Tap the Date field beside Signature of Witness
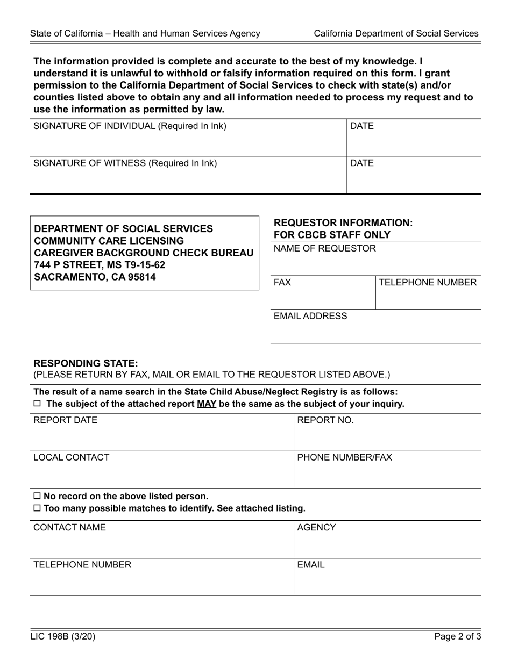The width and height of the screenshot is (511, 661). [x=413, y=175]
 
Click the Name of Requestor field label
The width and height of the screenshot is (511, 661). [x=325, y=248]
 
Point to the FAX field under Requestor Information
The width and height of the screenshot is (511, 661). [x=323, y=293]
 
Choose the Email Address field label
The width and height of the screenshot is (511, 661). [x=310, y=316]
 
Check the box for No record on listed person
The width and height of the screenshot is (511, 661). [x=37, y=496]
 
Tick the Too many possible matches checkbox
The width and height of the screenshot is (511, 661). [x=37, y=508]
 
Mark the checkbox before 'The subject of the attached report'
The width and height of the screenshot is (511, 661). [x=37, y=404]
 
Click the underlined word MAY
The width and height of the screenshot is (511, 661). [x=207, y=404]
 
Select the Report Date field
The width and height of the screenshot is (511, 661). [x=161, y=433]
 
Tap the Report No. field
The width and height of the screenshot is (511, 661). [x=387, y=433]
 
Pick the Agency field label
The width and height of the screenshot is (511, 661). [x=316, y=528]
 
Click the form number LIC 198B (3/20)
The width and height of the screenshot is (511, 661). [x=62, y=637]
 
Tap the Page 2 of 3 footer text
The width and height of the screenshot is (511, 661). [x=458, y=637]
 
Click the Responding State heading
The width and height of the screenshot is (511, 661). [x=86, y=363]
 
